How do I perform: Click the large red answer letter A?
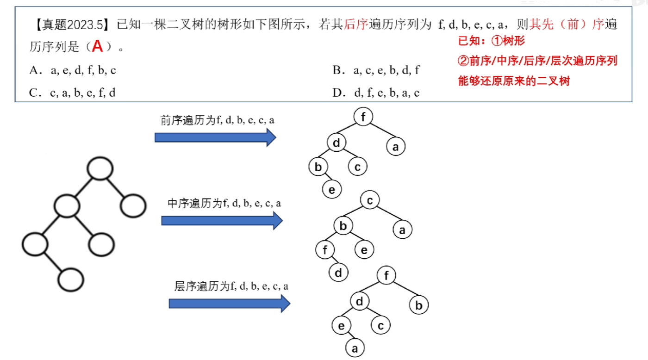pos(97,46)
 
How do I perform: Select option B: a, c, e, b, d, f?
pos(376,70)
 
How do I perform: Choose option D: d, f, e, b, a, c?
pos(376,93)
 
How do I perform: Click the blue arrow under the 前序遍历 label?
pos(215,137)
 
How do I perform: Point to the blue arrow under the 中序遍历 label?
pos(222,221)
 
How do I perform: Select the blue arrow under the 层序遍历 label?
pos(229,304)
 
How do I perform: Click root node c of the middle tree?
pos(369,201)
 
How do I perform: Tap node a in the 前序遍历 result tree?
pos(395,147)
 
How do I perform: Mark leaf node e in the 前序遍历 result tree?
pos(332,189)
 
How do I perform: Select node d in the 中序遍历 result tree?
pos(338,273)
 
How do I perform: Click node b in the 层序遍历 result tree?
pos(419,305)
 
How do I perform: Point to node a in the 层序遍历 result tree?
pos(355,348)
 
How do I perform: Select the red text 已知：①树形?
pos(492,41)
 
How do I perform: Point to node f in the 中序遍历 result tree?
pos(325,250)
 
